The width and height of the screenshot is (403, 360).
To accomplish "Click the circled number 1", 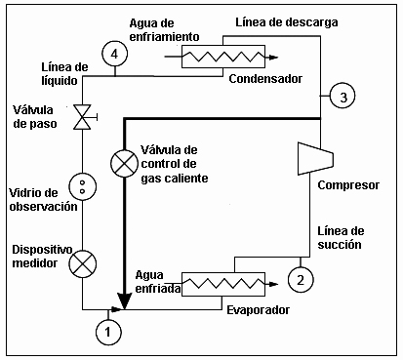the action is click(108, 332).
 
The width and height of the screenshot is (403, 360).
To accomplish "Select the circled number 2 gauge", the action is click(301, 279).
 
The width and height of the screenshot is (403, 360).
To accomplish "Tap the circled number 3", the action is click(343, 96).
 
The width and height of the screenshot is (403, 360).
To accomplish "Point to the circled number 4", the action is click(114, 54).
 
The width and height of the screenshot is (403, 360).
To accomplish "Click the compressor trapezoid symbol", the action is click(315, 158).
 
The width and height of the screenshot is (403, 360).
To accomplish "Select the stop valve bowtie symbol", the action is click(83, 117).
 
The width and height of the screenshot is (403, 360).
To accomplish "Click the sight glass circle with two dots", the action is click(83, 186).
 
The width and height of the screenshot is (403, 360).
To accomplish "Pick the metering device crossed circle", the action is click(83, 264).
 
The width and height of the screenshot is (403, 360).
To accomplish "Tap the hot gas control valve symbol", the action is click(124, 164).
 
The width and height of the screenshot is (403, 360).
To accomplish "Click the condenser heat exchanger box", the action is click(223, 57).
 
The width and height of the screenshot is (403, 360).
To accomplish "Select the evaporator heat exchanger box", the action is click(223, 284).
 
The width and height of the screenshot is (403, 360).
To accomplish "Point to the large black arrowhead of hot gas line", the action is click(124, 300).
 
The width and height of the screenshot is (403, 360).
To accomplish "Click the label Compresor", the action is click(348, 185).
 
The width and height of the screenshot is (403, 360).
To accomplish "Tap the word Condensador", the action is click(265, 79).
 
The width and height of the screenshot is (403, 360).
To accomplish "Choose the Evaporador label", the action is click(258, 310).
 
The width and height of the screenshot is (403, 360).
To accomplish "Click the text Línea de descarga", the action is click(287, 22).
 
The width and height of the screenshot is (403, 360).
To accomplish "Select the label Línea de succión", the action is click(341, 238).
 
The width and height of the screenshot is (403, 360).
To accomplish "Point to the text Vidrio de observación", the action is click(43, 200).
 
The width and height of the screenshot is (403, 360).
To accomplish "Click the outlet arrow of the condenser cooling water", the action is click(272, 58).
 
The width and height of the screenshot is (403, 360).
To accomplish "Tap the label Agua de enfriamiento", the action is click(164, 30).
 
